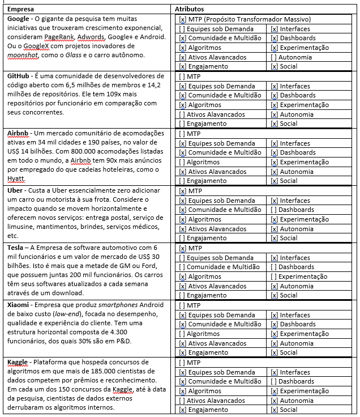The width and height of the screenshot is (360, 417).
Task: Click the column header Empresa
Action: pyautogui.click(x=20, y=10)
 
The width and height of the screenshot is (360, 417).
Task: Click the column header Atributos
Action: pyautogui.click(x=190, y=10)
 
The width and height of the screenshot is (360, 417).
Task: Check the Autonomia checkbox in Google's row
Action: pyautogui.click(x=274, y=57)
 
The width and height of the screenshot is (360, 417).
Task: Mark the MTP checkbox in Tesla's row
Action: pyautogui.click(x=182, y=248)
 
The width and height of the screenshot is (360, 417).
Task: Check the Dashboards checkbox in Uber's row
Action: pyautogui.click(x=274, y=210)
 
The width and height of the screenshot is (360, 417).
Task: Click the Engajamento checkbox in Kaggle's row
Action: pyautogui.click(x=182, y=410)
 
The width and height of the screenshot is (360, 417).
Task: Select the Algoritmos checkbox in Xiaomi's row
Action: pyautogui.click(x=182, y=334)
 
